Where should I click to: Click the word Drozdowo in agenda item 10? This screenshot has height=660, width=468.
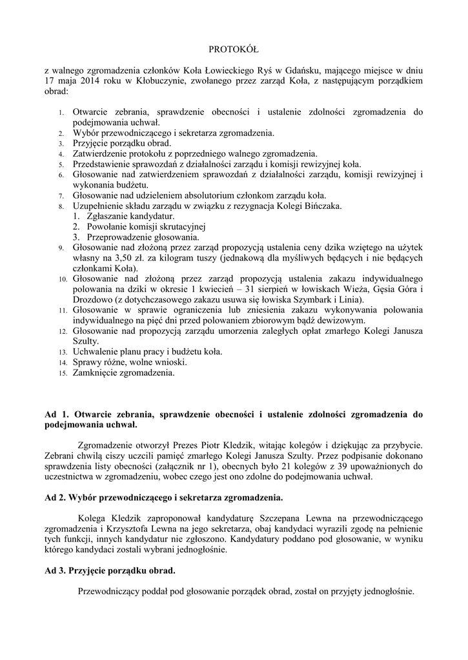pos(90,299)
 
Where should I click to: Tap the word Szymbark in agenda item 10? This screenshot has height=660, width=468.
pos(316,299)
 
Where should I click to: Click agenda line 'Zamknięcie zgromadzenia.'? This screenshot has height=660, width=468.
pos(124,373)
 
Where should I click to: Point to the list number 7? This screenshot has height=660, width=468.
pos(61,196)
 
